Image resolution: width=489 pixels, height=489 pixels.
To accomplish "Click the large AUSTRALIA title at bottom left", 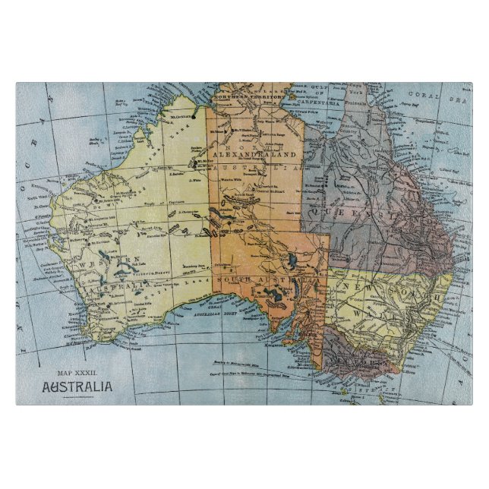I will point(77,386).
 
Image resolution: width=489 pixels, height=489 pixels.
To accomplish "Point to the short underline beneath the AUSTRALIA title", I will point(77,396).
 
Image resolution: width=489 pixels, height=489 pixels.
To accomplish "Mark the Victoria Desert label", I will point(152,280).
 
